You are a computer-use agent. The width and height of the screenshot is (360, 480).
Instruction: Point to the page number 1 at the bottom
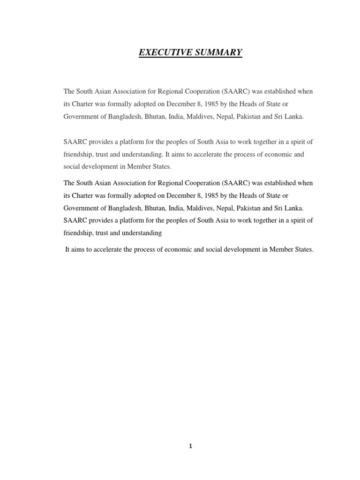(x=190, y=446)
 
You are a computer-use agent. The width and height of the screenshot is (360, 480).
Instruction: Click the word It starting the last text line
(x=67, y=250)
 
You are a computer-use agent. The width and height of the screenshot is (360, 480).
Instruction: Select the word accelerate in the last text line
(x=109, y=250)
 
